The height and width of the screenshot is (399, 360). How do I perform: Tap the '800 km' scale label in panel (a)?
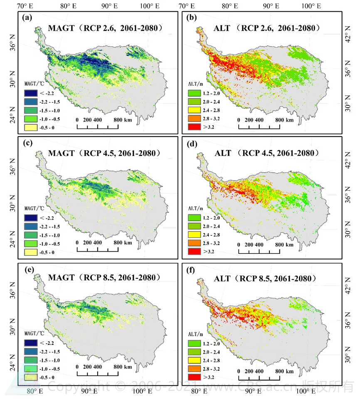click(x=123, y=119)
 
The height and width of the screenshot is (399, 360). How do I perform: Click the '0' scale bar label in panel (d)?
click(x=239, y=245)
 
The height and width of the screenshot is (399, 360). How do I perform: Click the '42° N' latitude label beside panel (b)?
click(x=348, y=29)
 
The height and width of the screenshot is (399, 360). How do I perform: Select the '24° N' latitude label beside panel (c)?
click(x=13, y=242)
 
